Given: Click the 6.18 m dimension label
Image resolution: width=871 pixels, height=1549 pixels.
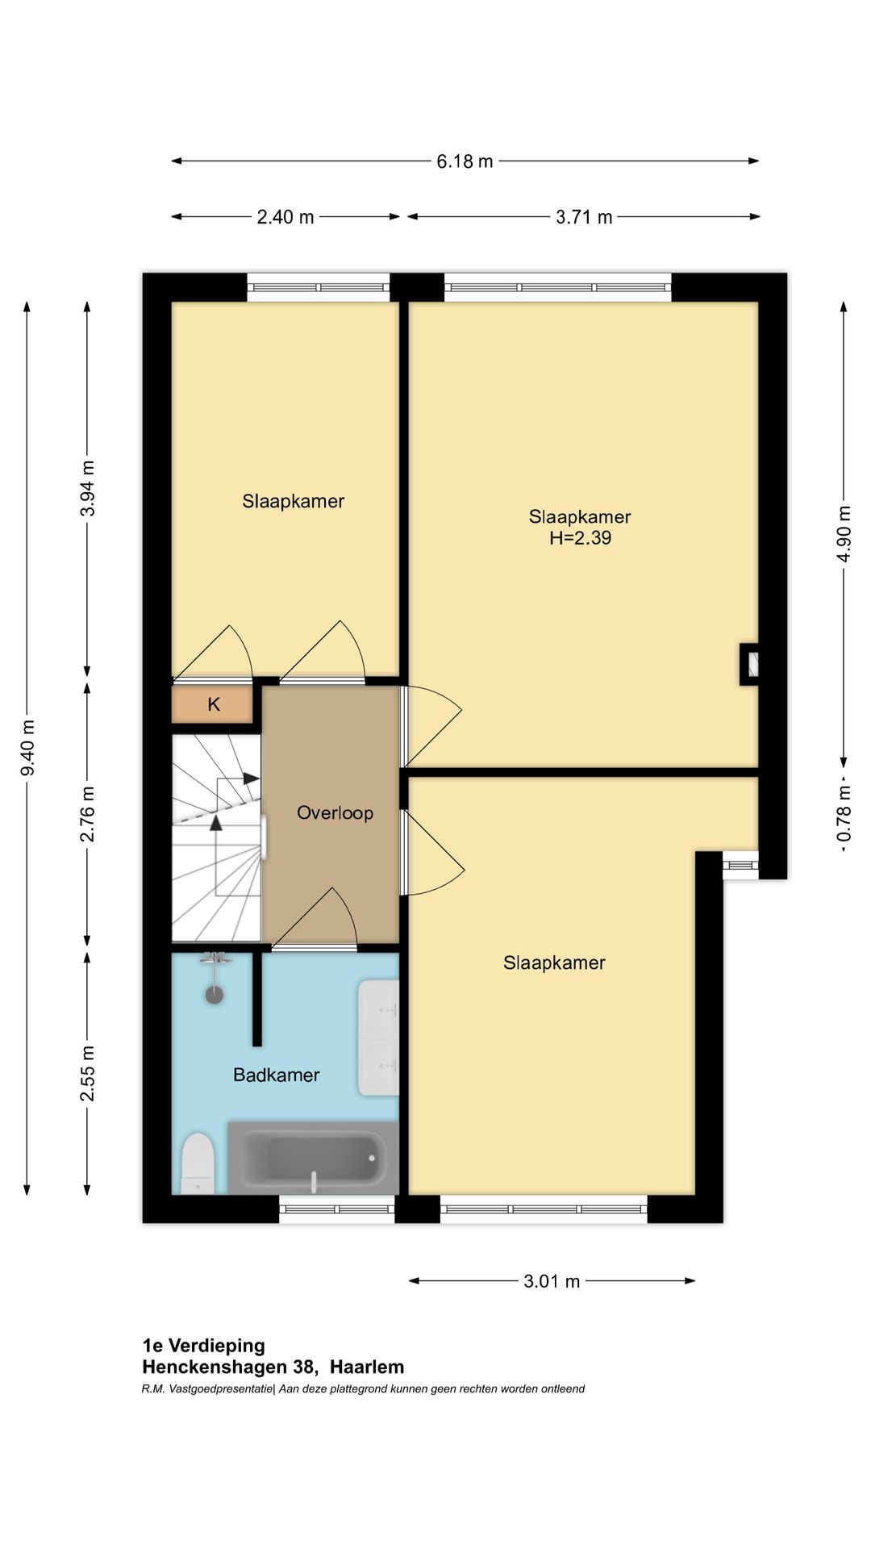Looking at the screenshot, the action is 465,161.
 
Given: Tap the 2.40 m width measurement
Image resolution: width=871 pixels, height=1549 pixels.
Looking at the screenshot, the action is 285,217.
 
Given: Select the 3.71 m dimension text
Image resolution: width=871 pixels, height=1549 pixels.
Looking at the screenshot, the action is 584,217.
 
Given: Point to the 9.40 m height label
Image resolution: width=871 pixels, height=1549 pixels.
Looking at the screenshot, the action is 27,747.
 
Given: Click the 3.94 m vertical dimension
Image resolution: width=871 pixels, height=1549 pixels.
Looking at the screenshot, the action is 88,488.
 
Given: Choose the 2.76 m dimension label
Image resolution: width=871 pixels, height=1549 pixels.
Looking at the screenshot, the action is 88,814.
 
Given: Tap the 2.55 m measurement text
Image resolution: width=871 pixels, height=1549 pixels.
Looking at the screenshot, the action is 88,1073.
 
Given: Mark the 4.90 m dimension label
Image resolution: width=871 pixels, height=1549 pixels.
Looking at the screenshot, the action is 844,533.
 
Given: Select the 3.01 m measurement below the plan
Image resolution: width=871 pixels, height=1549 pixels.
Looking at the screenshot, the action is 552,1281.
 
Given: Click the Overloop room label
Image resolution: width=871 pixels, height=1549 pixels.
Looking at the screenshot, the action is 335,812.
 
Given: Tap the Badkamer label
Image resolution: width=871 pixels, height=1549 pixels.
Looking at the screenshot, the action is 276,1075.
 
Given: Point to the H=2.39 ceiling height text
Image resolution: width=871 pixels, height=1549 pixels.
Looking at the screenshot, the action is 581,538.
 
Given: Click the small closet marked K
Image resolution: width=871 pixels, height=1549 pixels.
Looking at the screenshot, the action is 213,704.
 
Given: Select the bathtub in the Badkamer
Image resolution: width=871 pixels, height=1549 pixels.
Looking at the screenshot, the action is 313,1158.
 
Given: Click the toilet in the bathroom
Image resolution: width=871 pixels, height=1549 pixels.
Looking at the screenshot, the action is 198,1163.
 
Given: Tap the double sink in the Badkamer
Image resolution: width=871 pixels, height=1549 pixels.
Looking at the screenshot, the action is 378,1038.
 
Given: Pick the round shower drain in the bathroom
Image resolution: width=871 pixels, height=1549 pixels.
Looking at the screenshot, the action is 214,995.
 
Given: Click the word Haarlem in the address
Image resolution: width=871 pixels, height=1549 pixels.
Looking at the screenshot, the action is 367,1367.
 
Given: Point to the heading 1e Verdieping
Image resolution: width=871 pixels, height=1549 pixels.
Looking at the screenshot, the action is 203,1346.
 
